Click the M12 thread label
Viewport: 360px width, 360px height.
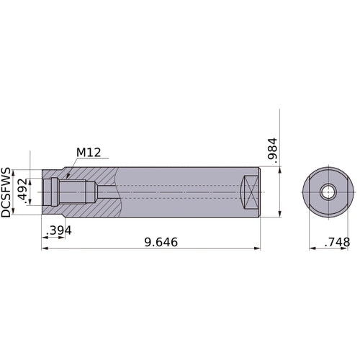(89, 153)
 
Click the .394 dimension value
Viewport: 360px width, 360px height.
(59, 230)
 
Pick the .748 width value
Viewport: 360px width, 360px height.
(336, 243)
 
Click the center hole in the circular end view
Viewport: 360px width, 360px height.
(328, 192)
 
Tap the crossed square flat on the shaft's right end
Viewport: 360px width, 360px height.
(248, 192)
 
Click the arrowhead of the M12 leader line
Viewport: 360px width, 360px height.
(66, 176)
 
